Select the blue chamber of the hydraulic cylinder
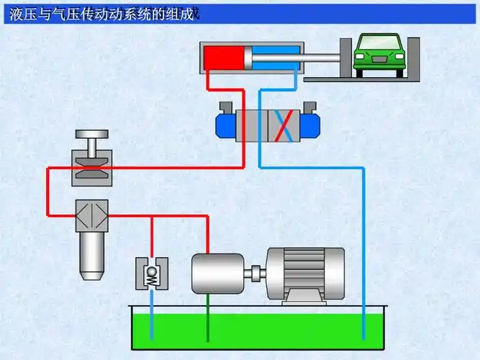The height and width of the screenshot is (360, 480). click(274, 58)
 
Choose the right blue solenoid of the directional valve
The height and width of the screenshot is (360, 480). click(310, 123)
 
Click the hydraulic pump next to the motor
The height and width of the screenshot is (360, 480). click(217, 273)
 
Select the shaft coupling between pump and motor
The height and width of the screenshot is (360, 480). click(255, 273)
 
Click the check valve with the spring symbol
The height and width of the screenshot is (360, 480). click(151, 274)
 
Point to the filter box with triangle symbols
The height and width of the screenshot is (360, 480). click(91, 215)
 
